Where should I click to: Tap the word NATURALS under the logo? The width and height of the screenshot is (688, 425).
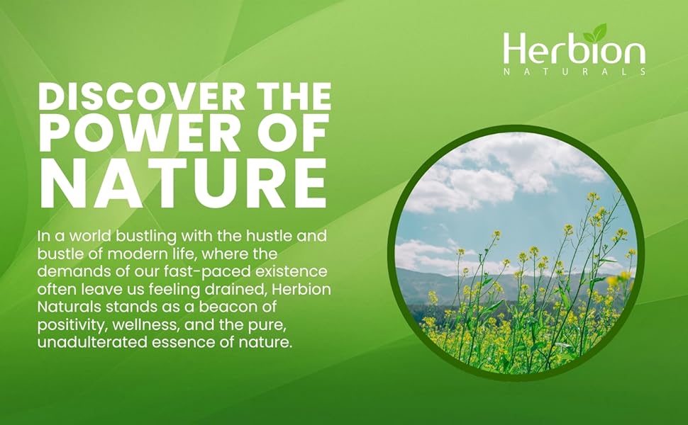(575, 72)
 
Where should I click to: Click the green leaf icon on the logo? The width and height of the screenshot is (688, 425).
(594, 33)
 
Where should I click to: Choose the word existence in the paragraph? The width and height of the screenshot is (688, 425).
(292, 271)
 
